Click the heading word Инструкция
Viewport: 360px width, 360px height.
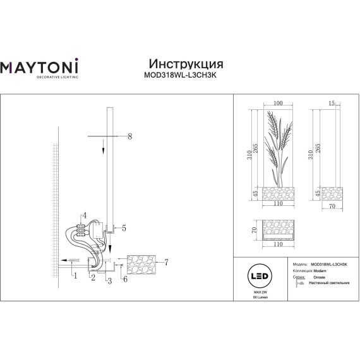point(185,64)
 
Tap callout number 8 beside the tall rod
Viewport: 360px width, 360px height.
point(129,136)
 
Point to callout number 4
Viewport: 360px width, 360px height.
point(84,216)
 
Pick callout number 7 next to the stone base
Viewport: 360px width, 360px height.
point(166,261)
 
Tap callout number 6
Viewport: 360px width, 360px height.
point(125,279)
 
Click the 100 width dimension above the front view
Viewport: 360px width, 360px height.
point(279,104)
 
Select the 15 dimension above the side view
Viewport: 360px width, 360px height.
point(332,102)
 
